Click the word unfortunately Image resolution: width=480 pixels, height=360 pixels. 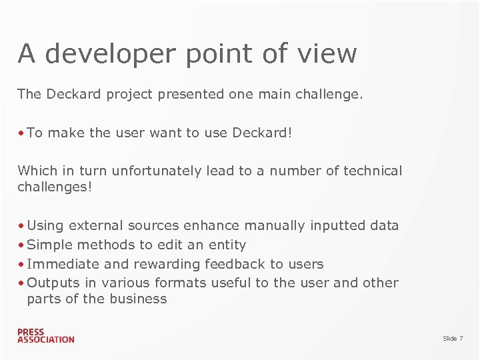tap(157, 171)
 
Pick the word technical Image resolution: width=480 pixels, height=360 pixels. tap(373, 171)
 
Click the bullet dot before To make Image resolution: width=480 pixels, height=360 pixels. tap(22, 133)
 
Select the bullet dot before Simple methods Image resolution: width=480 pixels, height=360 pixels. tap(22, 245)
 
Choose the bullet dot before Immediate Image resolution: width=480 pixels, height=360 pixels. tap(22, 264)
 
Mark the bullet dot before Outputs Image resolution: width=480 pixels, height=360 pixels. tap(22, 283)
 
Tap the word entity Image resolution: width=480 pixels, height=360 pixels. tap(227, 245)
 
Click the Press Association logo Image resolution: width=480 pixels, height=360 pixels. tap(45, 335)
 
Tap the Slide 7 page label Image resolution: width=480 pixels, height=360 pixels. tap(453, 339)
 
